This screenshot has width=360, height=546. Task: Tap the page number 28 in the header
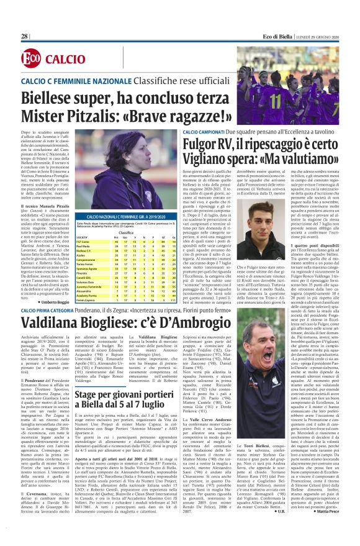coord(25,37)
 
